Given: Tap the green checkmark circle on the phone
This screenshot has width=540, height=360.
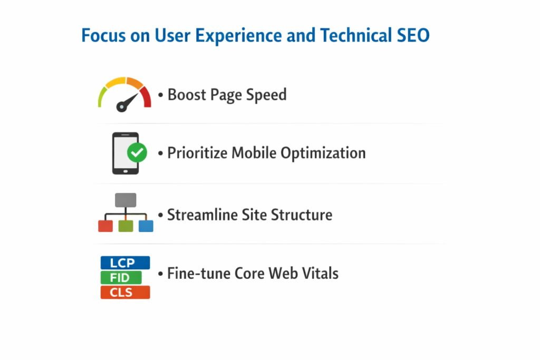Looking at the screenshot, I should coord(137,153).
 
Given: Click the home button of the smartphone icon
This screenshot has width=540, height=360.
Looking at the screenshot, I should coord(126,169).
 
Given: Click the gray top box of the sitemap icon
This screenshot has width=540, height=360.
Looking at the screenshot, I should coord(126,200).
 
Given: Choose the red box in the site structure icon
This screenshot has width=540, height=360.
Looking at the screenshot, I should coord(105,226).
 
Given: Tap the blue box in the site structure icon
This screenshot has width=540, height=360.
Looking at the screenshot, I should coord(146,226).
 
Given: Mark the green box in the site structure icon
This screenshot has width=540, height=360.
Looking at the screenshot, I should coord(126,226).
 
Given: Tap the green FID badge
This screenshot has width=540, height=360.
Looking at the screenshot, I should coord(121,278).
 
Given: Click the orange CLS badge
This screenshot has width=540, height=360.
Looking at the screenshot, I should coord(125,293).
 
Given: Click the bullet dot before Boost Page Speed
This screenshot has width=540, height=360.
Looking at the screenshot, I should coord(161,96).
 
